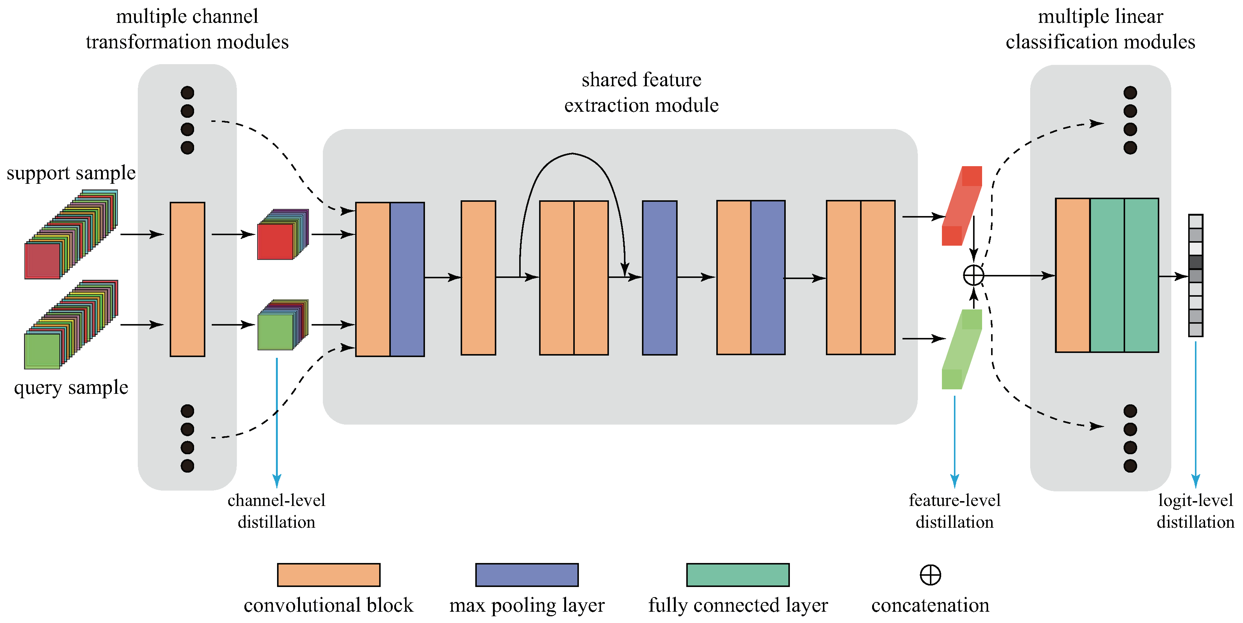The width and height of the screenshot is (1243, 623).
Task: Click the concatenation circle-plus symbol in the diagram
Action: [973, 275]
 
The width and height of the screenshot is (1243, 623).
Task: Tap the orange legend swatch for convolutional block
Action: [328, 574]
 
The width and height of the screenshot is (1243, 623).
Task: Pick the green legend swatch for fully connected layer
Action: [737, 574]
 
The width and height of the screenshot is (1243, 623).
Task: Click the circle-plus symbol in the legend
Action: [930, 574]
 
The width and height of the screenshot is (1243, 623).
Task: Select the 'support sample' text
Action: [71, 173]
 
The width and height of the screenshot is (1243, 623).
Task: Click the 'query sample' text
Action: [71, 387]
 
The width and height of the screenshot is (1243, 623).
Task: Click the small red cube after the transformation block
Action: [276, 241]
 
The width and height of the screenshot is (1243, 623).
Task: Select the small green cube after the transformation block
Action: [276, 331]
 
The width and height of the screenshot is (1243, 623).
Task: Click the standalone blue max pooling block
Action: [659, 278]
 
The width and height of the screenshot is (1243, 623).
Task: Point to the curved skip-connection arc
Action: [572, 154]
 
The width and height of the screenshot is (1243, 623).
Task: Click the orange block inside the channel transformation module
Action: [187, 279]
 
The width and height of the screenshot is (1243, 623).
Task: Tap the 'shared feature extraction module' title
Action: [641, 92]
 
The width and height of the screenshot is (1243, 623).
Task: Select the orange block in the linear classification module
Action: [1072, 275]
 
